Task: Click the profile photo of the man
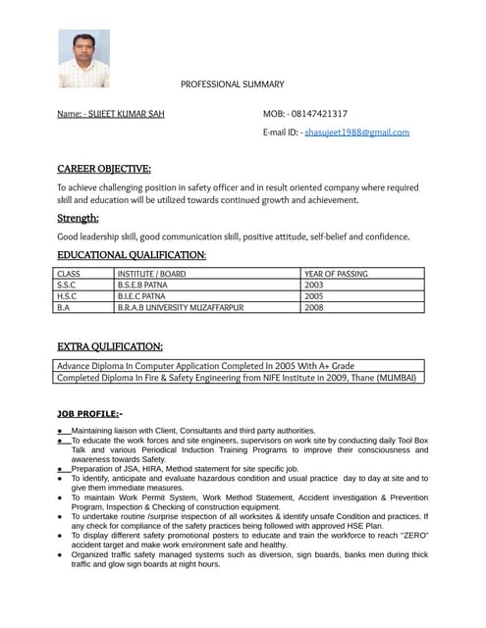click(83, 59)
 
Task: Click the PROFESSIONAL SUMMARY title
click(232, 85)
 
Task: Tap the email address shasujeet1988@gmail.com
click(356, 131)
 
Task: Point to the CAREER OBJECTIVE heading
click(103, 169)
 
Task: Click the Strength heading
click(78, 218)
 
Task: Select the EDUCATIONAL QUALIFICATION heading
click(131, 255)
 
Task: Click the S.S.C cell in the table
click(67, 285)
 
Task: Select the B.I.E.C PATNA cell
click(141, 295)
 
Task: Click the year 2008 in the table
click(314, 307)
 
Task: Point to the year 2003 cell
click(314, 285)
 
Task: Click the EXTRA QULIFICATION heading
click(109, 346)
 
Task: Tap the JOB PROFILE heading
click(89, 414)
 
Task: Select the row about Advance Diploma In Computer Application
click(205, 365)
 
